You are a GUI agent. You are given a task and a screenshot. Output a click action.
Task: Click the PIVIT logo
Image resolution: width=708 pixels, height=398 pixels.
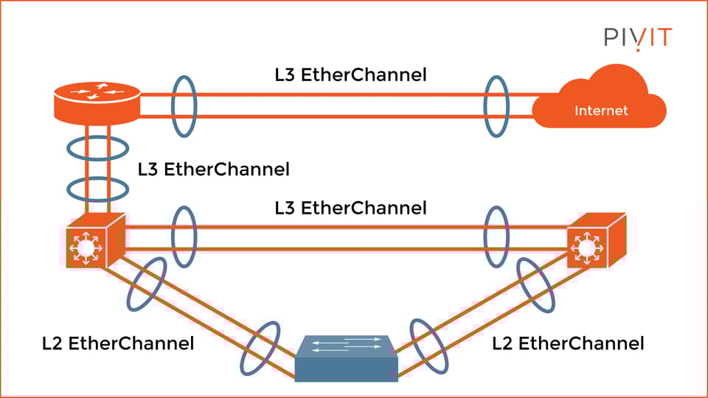click(x=638, y=37)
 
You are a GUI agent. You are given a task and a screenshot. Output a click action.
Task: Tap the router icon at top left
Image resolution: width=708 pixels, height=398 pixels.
click(x=97, y=102)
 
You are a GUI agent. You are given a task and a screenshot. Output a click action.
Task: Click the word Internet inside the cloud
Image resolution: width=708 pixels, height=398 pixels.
click(x=601, y=111)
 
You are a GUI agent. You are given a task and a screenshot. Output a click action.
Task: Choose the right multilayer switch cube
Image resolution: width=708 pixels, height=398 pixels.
click(x=594, y=240)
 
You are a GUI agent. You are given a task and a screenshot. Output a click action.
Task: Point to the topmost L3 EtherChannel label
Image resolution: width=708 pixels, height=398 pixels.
click(x=350, y=74)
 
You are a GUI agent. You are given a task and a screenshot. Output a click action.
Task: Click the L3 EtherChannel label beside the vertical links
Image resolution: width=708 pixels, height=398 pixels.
click(x=214, y=170)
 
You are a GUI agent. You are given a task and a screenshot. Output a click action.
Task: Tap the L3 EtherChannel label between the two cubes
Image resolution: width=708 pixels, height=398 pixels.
click(x=350, y=209)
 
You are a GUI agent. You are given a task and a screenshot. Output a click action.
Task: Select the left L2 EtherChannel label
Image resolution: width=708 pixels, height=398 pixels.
click(x=118, y=343)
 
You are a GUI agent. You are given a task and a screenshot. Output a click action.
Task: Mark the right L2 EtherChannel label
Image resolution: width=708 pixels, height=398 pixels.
click(x=568, y=343)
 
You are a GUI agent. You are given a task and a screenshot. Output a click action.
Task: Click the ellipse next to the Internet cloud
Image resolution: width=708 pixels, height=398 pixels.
click(x=497, y=105)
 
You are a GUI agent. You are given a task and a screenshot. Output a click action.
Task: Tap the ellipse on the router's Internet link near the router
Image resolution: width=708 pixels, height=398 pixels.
click(x=184, y=105)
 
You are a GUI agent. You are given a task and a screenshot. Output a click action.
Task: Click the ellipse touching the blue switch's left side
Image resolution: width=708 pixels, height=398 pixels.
click(x=260, y=349)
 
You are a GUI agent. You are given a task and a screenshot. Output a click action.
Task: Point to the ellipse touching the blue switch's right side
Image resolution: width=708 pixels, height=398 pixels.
click(x=427, y=347)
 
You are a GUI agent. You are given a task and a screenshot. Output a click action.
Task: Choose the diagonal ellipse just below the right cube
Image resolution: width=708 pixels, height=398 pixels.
click(x=535, y=285)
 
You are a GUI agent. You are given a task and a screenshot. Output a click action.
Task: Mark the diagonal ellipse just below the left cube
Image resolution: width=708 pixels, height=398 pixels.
click(x=147, y=284)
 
